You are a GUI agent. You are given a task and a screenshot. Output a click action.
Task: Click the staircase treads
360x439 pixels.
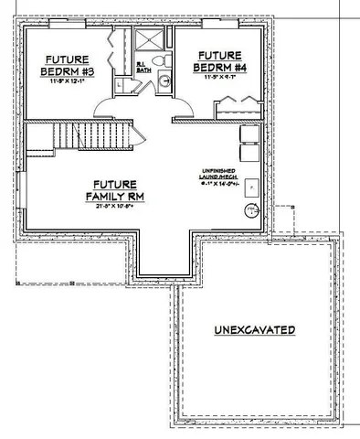click(x=87, y=137)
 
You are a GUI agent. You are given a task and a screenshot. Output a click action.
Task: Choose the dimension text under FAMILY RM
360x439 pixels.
click(x=116, y=207)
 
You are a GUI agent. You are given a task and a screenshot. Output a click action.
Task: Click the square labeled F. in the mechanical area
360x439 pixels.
click(x=251, y=186)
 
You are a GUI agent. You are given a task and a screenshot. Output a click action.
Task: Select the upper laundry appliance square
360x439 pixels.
click(x=248, y=133)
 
